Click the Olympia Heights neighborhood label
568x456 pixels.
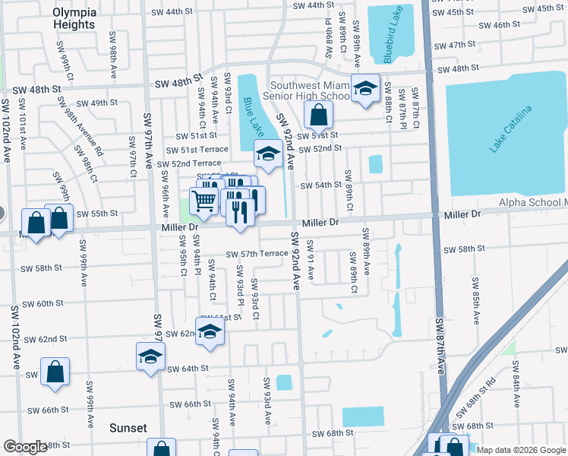click(x=74, y=18)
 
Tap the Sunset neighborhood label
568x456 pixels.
click(x=128, y=428)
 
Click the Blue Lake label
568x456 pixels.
click(x=251, y=113)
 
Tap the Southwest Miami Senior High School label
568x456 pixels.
click(x=307, y=91)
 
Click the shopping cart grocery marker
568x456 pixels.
click(x=204, y=201)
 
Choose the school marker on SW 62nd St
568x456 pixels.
click(x=210, y=331)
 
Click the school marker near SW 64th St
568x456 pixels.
click(x=150, y=356)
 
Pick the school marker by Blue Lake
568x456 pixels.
click(x=267, y=154)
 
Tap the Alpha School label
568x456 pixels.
click(x=532, y=203)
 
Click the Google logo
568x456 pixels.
click(x=25, y=448)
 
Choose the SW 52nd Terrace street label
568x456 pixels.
click(x=185, y=163)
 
